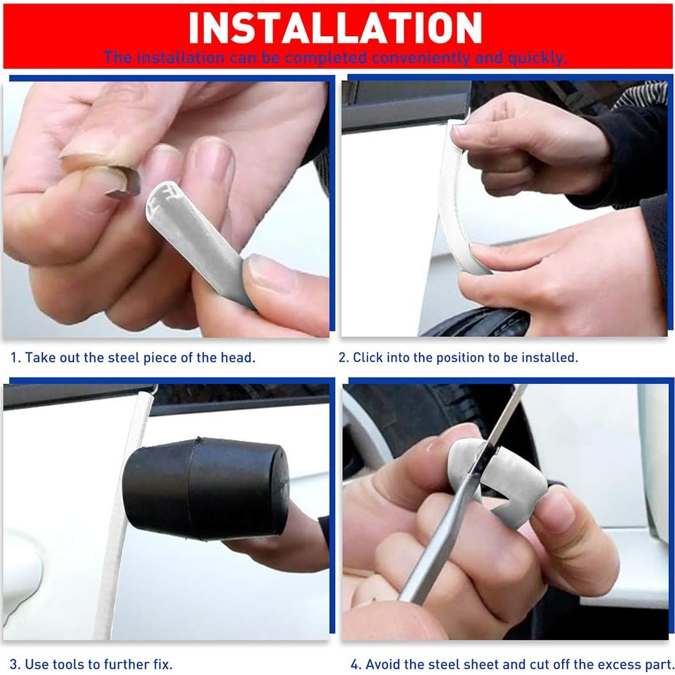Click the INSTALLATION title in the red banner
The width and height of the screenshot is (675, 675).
tap(335, 27)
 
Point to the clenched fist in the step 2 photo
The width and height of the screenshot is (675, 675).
tap(517, 143)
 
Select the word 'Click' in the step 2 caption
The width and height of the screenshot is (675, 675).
tap(368, 358)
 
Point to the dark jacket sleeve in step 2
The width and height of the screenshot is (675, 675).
tap(637, 138)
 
